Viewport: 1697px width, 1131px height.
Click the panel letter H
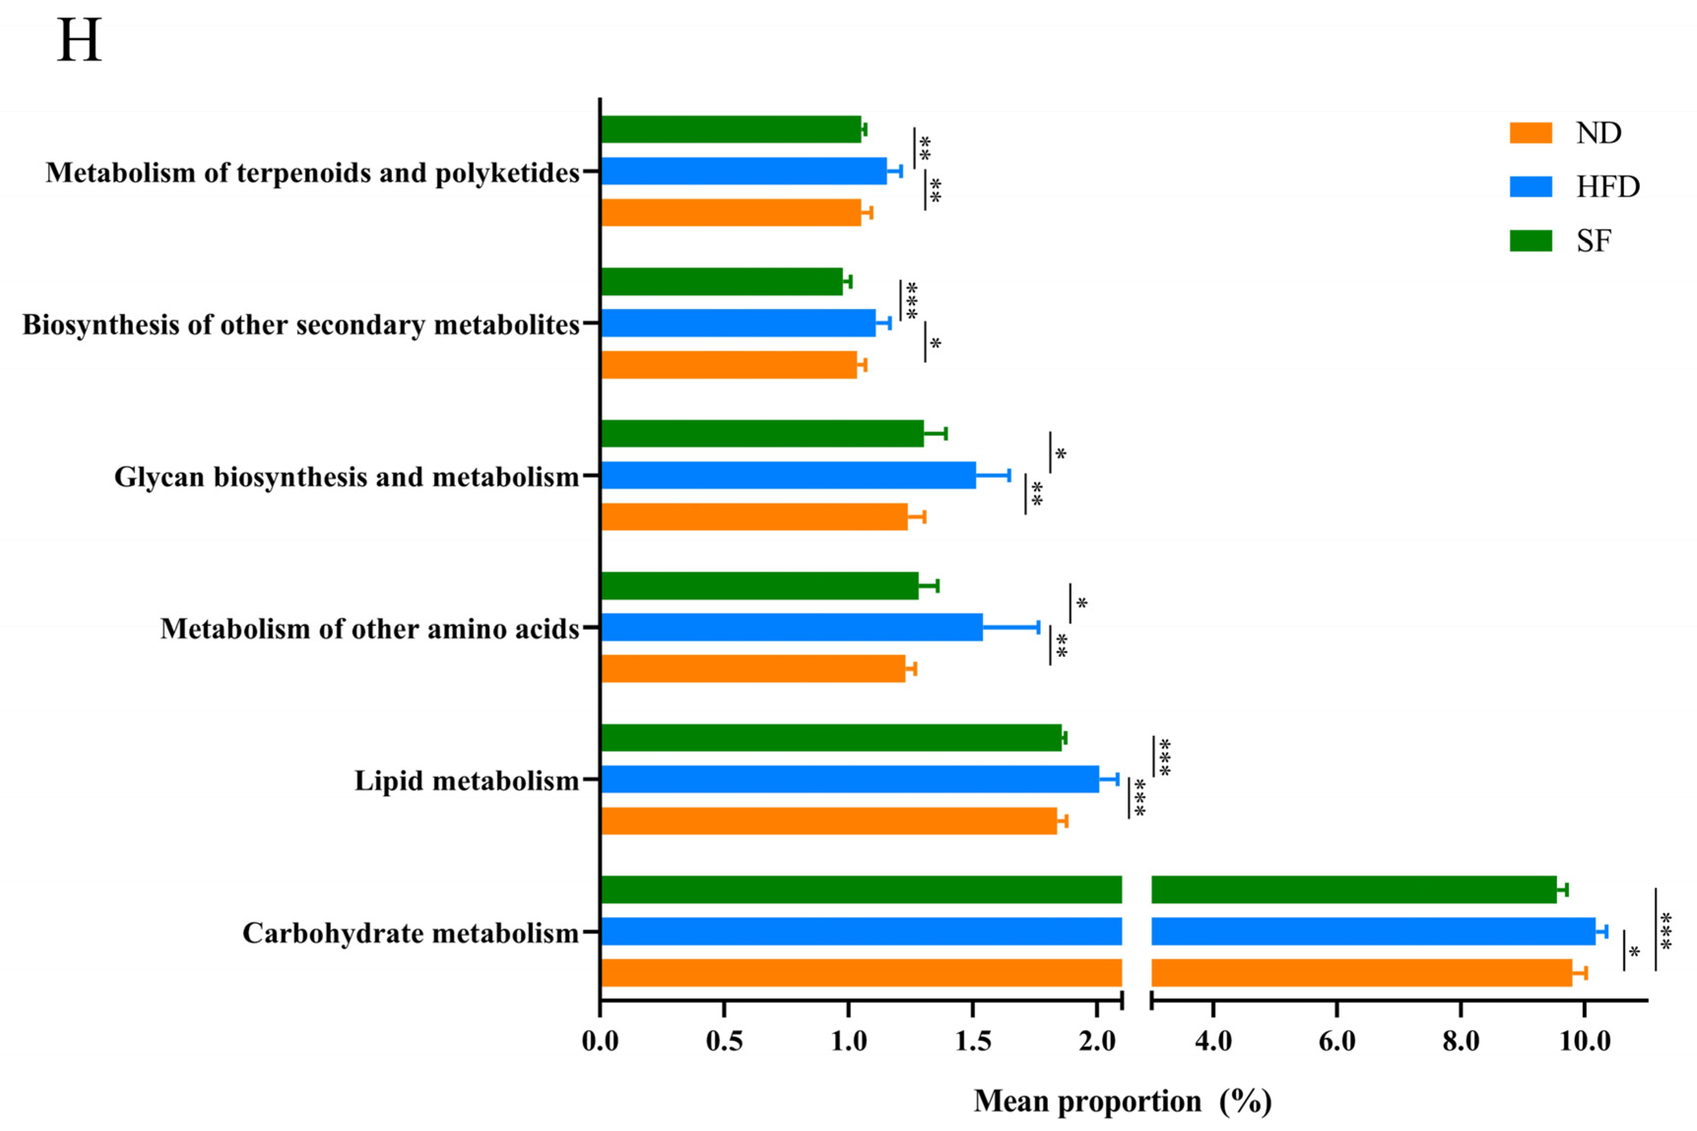point(79,41)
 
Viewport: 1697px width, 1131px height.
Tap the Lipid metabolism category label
point(466,781)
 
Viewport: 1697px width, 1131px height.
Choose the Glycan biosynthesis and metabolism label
point(347,477)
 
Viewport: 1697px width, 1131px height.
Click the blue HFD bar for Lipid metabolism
point(849,779)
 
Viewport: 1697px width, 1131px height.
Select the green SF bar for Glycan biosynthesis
point(762,434)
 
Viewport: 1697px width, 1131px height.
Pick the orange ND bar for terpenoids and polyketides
point(730,213)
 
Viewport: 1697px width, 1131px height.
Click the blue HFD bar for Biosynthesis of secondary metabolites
point(737,323)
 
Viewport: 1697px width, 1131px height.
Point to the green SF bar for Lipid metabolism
point(831,738)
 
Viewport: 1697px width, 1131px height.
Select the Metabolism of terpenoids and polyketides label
point(312,173)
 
